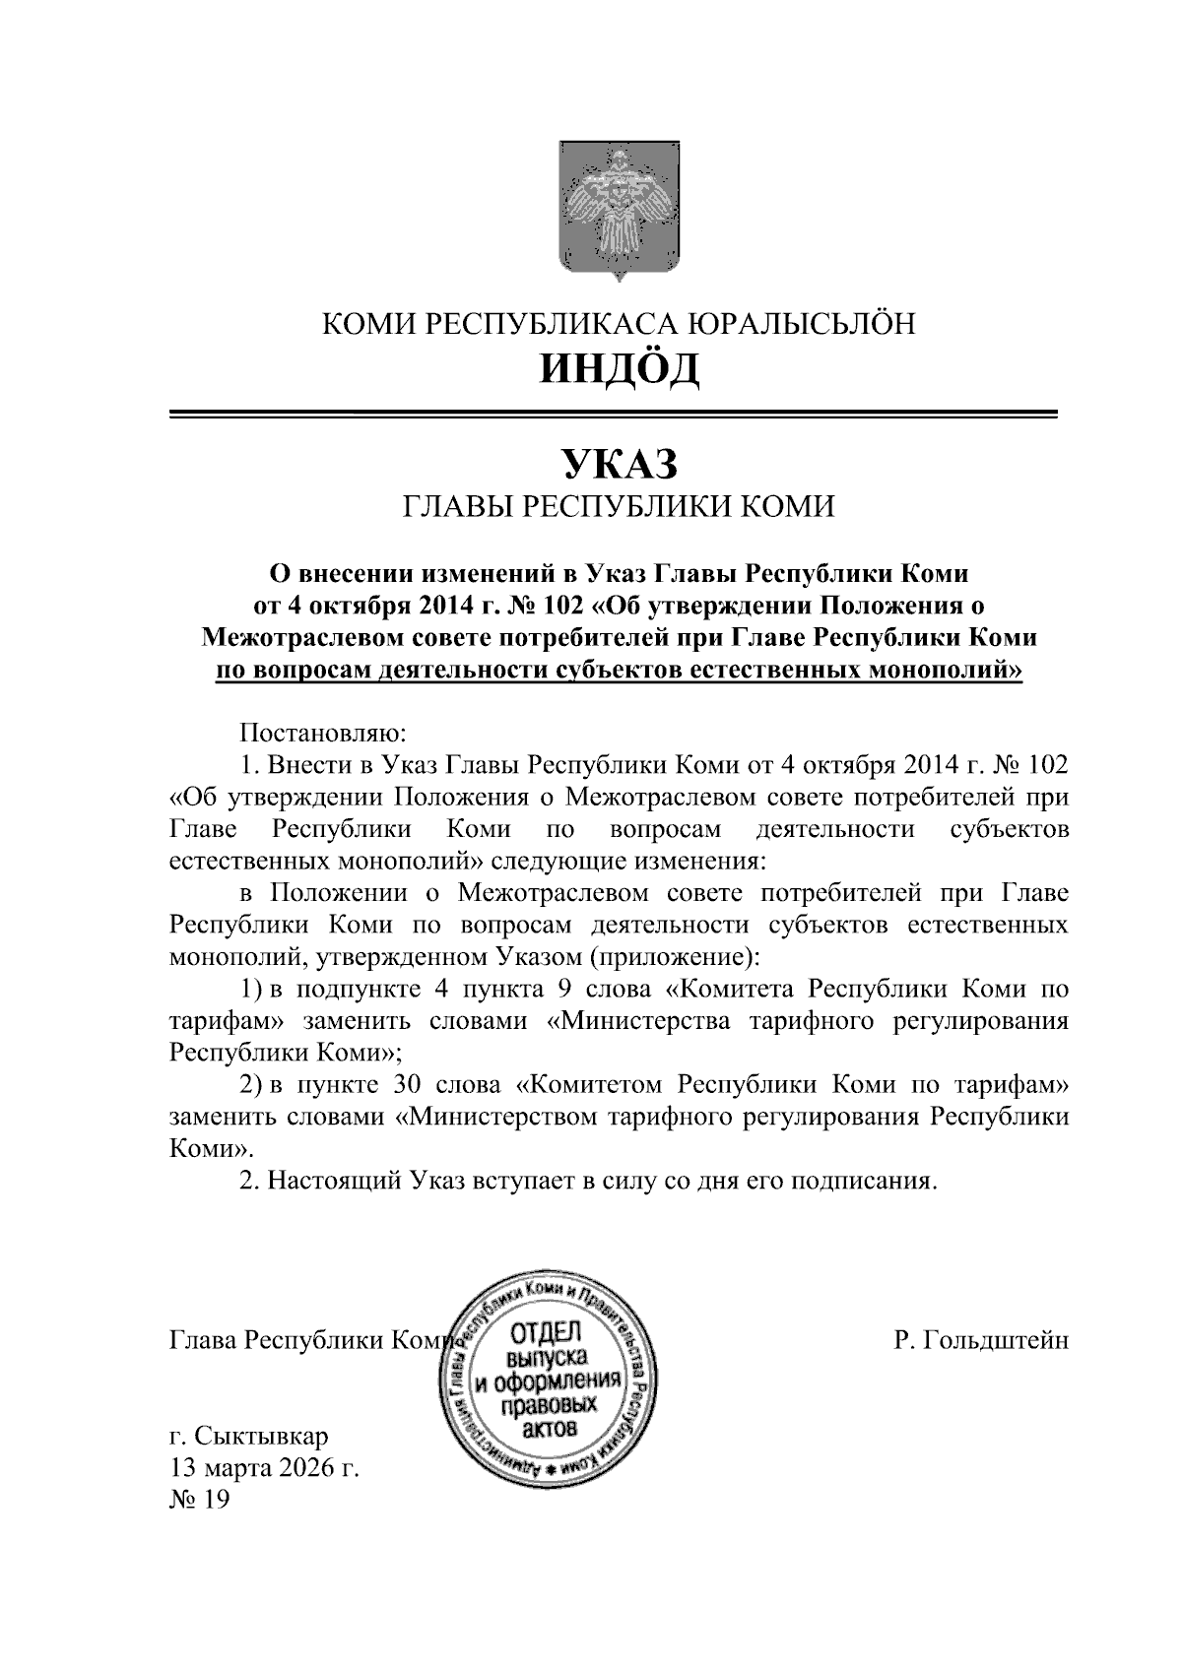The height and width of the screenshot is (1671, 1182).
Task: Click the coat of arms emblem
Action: click(621, 211)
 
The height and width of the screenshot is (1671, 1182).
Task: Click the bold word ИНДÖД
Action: click(620, 368)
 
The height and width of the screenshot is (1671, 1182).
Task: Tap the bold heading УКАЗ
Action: click(620, 462)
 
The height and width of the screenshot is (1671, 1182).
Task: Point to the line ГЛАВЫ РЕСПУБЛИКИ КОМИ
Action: click(620, 507)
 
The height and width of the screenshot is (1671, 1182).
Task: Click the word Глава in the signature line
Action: click(203, 1341)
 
